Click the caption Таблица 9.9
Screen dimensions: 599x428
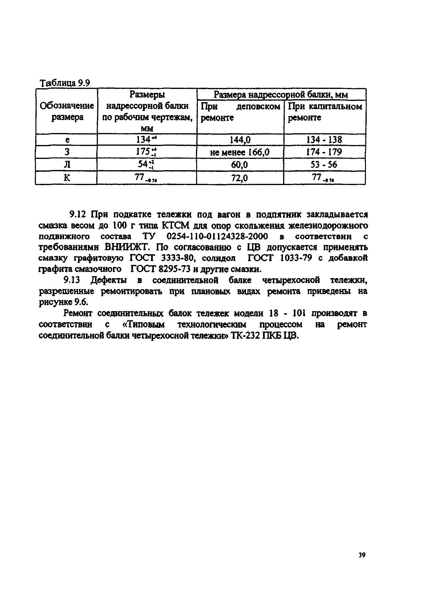tap(65, 83)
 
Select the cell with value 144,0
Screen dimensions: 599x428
tap(240, 140)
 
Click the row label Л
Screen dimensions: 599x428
tap(67, 165)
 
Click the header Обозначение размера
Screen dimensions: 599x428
tap(67, 111)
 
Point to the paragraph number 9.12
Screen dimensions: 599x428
tap(78, 214)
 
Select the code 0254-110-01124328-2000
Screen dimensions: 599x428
tap(217, 236)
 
